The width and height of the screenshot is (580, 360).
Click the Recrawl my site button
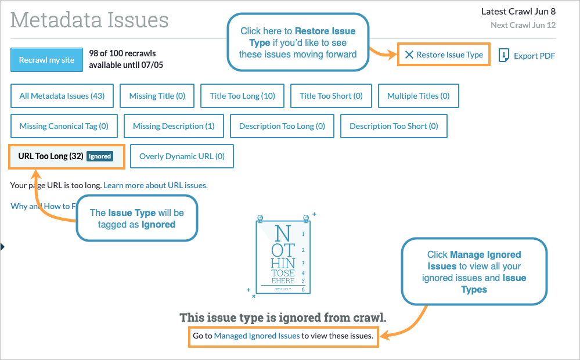click(46, 60)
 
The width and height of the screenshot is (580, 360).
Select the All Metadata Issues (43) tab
click(62, 96)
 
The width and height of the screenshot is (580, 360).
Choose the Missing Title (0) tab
click(157, 96)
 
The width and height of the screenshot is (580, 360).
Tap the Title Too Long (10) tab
click(243, 96)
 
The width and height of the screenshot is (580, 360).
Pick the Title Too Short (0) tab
click(331, 96)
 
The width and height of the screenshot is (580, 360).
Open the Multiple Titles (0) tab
click(418, 96)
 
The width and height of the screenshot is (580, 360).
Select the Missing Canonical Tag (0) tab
click(64, 126)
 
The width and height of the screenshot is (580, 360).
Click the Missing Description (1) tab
click(174, 126)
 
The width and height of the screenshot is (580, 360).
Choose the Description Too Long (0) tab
click(282, 126)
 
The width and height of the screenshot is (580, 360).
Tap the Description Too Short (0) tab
click(394, 126)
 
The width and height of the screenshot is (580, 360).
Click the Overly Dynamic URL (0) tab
click(182, 156)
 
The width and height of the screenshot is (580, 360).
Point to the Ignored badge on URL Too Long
click(99, 156)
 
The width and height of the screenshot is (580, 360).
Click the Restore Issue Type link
click(444, 55)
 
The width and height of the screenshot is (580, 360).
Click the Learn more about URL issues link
click(155, 186)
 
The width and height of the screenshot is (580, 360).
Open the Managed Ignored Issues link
click(257, 336)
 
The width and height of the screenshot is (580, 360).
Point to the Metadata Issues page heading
click(89, 20)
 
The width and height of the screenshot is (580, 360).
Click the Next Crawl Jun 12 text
click(523, 25)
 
